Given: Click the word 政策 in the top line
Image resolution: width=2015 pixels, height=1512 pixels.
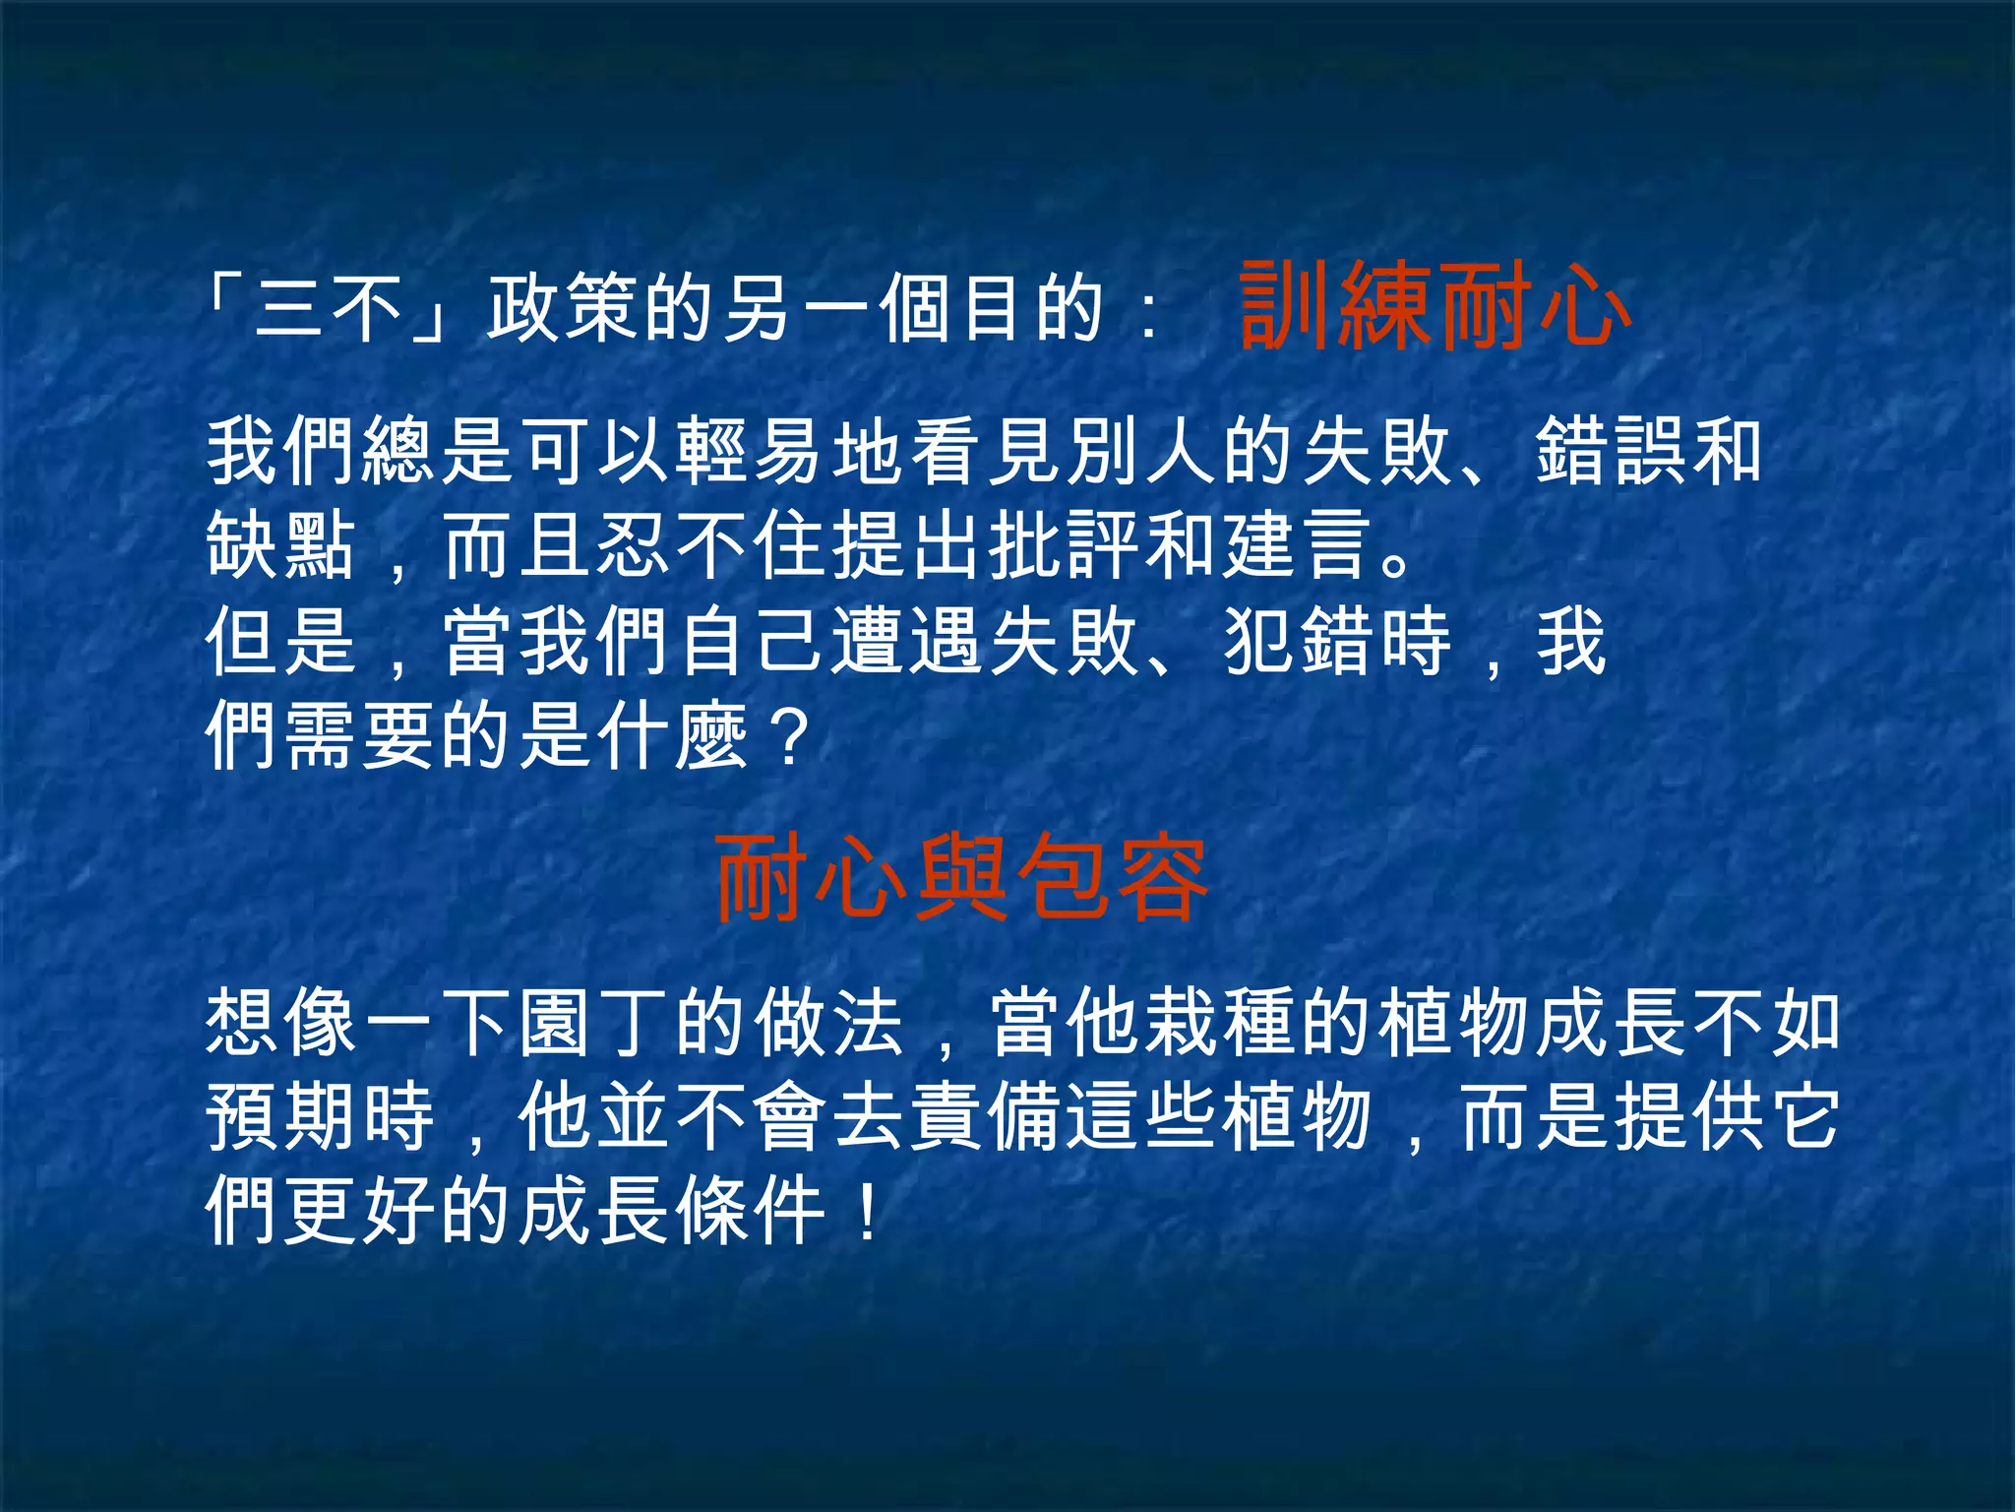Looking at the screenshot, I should [x=564, y=308].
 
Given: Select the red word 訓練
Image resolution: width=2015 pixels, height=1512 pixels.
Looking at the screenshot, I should [x=1333, y=306].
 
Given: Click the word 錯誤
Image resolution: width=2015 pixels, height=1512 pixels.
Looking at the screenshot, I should [x=1613, y=451].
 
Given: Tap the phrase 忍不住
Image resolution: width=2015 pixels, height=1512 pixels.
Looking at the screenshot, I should [x=713, y=544].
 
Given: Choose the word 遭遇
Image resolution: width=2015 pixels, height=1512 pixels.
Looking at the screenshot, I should [x=908, y=641].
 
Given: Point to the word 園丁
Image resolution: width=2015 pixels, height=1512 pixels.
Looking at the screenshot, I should [x=595, y=1023].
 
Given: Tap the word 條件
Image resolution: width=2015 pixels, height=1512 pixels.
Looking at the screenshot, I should [x=753, y=1210].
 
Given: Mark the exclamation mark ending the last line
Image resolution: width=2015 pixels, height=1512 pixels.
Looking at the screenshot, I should [x=867, y=1210].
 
